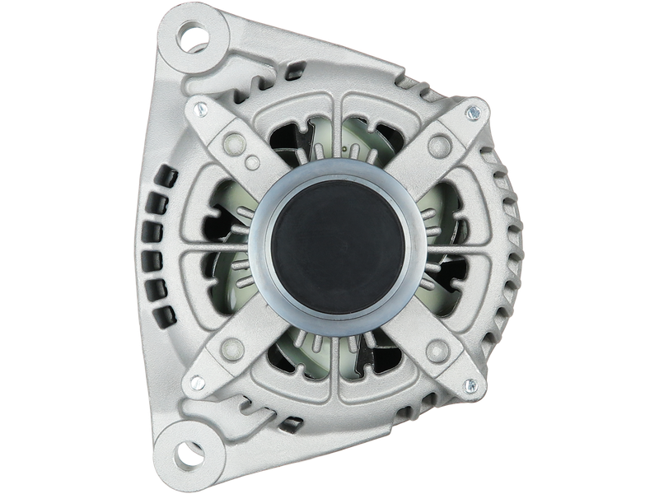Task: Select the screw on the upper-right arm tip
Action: pyautogui.click(x=472, y=112)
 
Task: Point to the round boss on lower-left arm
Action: pyautogui.click(x=234, y=350)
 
